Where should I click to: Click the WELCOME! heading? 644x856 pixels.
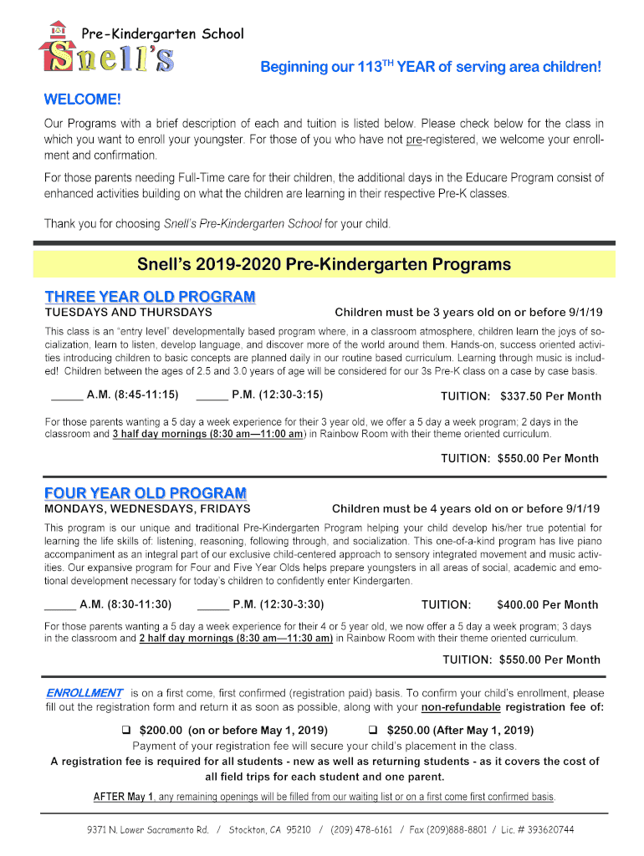pyautogui.click(x=82, y=100)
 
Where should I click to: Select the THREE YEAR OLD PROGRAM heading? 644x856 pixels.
pyautogui.click(x=150, y=297)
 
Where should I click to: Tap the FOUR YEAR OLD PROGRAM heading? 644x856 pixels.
pyautogui.click(x=146, y=493)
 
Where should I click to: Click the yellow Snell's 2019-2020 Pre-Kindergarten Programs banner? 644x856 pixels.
pyautogui.click(x=323, y=265)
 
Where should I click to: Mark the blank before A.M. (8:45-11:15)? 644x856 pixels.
pyautogui.click(x=66, y=395)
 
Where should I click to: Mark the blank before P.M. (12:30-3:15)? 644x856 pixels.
pyautogui.click(x=211, y=395)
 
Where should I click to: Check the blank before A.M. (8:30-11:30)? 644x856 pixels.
pyautogui.click(x=59, y=604)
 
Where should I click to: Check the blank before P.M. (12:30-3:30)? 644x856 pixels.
pyautogui.click(x=212, y=604)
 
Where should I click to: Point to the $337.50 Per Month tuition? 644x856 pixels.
pyautogui.click(x=550, y=396)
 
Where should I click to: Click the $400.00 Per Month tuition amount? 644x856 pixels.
pyautogui.click(x=547, y=604)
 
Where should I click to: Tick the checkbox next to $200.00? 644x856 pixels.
pyautogui.click(x=128, y=730)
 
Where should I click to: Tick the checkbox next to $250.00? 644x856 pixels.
pyautogui.click(x=374, y=730)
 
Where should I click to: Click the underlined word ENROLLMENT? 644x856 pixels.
pyautogui.click(x=84, y=693)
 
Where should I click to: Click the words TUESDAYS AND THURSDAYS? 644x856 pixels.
pyautogui.click(x=128, y=313)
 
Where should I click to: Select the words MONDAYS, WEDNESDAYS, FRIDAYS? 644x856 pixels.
pyautogui.click(x=147, y=508)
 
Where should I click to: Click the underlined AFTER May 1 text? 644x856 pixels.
pyautogui.click(x=124, y=796)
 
